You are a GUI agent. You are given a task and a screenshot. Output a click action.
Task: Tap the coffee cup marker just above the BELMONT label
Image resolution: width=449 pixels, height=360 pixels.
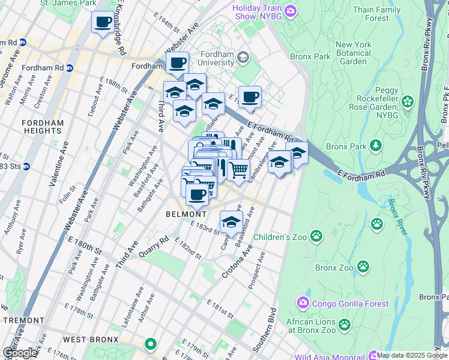click(197, 194)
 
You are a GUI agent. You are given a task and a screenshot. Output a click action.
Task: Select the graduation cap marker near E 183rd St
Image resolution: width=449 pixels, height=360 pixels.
click(231, 221)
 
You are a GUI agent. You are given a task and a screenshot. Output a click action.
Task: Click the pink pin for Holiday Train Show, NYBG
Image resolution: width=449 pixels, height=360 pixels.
click(291, 10)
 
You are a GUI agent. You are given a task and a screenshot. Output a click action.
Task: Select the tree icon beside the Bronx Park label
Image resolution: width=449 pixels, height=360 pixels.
click(376, 146)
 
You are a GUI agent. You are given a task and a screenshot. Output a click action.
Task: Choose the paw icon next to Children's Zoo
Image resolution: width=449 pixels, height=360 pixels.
click(317, 236)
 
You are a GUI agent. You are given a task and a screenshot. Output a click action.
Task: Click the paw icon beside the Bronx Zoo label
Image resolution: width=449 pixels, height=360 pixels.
click(363, 266)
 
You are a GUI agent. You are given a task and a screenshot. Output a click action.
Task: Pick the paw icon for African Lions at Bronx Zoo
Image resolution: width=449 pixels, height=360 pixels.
click(344, 325)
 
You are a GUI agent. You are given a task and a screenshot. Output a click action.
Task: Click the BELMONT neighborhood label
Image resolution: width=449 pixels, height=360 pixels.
click(186, 214)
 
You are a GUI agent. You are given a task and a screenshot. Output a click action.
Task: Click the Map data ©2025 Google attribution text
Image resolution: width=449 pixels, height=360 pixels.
click(412, 355)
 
